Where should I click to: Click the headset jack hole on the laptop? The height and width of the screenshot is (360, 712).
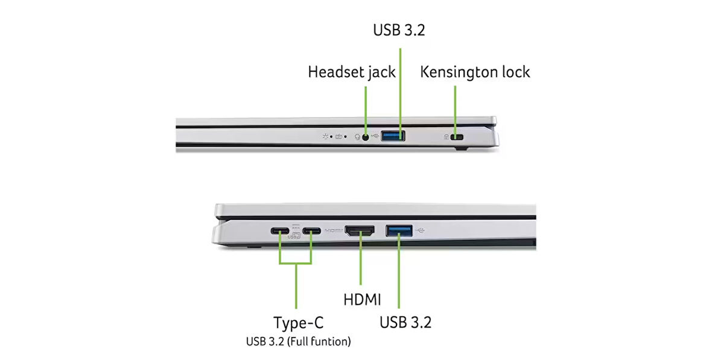(x=366, y=136)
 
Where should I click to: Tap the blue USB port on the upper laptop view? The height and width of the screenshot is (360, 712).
(x=393, y=136)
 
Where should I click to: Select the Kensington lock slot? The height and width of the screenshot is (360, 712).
(x=457, y=137)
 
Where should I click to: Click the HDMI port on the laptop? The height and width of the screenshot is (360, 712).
(x=360, y=230)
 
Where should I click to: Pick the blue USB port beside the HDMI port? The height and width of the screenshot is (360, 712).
(x=399, y=230)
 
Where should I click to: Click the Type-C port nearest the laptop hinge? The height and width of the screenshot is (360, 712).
(x=280, y=231)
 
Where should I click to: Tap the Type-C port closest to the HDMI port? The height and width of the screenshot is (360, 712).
(x=311, y=231)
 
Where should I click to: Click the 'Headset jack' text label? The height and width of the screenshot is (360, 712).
(x=351, y=72)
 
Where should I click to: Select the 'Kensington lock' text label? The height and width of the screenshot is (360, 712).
(x=475, y=72)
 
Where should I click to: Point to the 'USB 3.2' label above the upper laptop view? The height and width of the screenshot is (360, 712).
(x=399, y=30)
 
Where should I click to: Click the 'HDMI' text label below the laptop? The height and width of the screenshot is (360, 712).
(x=362, y=300)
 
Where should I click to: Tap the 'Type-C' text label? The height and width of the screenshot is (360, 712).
(x=298, y=323)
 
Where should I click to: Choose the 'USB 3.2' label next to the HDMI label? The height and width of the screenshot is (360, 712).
(x=405, y=323)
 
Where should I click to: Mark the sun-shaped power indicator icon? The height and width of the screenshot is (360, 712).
(x=325, y=136)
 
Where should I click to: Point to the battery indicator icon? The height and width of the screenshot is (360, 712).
(x=339, y=136)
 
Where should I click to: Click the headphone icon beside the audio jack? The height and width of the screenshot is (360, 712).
(x=357, y=136)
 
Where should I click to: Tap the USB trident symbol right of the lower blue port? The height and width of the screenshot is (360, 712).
(x=420, y=230)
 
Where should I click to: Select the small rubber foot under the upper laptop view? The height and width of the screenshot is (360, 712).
(x=460, y=148)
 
